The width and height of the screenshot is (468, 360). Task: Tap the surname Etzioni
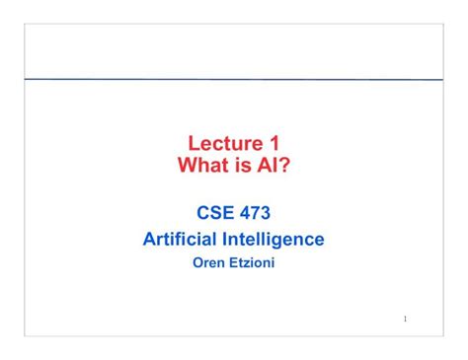click(251, 264)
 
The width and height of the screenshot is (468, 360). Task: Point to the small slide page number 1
click(406, 320)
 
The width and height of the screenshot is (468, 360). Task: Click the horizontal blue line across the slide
click(234, 79)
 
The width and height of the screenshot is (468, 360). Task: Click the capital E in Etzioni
click(231, 264)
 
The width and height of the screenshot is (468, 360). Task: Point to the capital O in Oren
click(195, 264)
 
